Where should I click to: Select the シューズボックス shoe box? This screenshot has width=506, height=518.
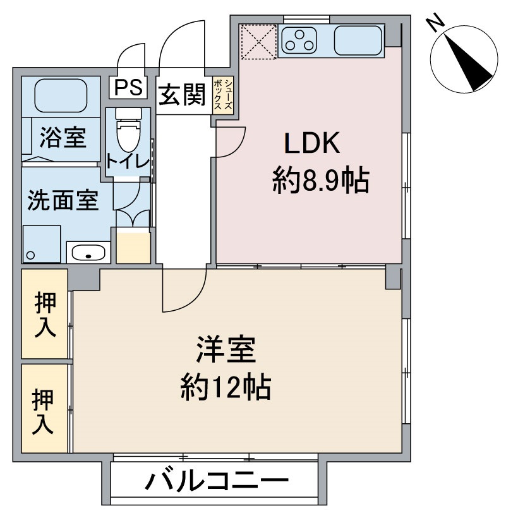pyautogui.click(x=223, y=95)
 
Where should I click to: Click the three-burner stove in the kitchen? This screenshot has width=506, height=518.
pyautogui.click(x=301, y=40)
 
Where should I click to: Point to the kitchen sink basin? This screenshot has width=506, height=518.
pyautogui.click(x=358, y=40)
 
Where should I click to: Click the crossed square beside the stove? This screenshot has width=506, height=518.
pyautogui.click(x=259, y=41)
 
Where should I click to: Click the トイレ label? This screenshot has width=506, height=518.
pyautogui.click(x=128, y=161)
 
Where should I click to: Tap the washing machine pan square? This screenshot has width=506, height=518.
pyautogui.click(x=42, y=243)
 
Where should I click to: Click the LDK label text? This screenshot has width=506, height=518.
pyautogui.click(x=312, y=144)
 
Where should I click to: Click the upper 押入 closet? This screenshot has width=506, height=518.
pyautogui.click(x=44, y=314)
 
